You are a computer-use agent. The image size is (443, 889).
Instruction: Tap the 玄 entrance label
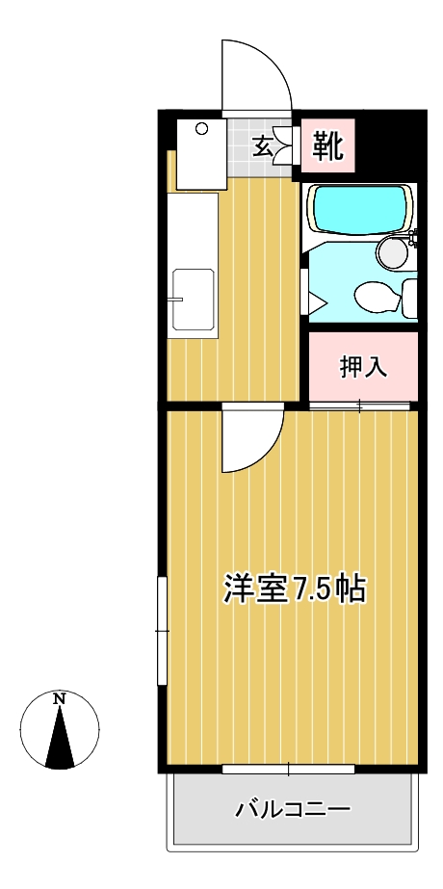click(x=262, y=146)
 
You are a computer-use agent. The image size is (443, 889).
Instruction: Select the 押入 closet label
click(x=363, y=367)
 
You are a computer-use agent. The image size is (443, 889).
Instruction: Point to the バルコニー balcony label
click(x=293, y=809)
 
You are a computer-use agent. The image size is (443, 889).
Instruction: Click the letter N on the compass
click(x=60, y=698)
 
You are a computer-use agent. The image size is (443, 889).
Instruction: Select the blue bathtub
click(x=359, y=209)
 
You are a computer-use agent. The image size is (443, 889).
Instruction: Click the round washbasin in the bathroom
click(x=393, y=253)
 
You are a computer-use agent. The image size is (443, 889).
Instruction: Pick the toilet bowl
click(x=376, y=297)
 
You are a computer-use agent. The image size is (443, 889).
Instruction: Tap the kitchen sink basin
click(x=193, y=301)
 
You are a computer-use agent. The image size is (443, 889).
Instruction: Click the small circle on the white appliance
click(x=202, y=128)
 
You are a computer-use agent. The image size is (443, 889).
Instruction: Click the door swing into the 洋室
click(x=252, y=439)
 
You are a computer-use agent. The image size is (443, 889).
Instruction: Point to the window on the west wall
click(x=163, y=630)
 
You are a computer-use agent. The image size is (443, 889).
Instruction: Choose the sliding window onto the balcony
click(x=288, y=769)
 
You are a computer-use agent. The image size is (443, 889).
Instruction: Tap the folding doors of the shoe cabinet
click(x=285, y=146)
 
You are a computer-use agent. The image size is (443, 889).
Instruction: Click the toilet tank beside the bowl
click(x=409, y=298)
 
